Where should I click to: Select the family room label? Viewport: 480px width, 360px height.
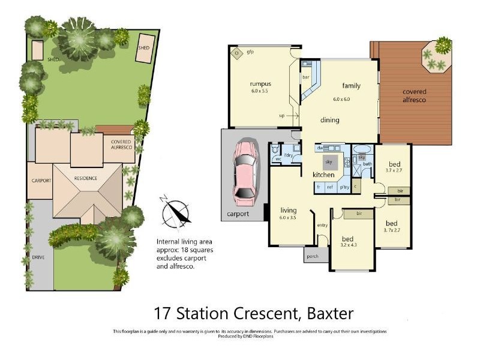click(351, 85)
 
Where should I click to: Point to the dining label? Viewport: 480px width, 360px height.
click(329, 120)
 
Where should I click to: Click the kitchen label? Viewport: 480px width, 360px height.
click(323, 175)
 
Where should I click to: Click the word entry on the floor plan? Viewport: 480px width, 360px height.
click(322, 225)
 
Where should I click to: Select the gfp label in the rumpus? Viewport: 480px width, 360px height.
click(251, 52)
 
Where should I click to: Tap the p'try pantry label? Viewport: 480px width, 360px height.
click(344, 187)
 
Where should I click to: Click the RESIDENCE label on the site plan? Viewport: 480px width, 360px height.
click(85, 179)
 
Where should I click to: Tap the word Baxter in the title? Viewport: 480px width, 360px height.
click(329, 313)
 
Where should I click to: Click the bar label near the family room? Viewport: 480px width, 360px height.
click(305, 77)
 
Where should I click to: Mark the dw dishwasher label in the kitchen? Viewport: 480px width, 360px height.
click(320, 147)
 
